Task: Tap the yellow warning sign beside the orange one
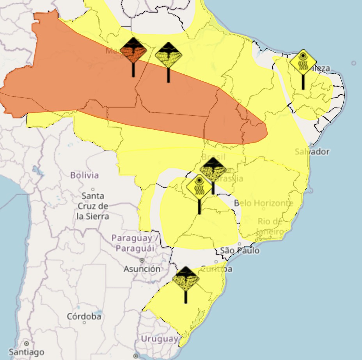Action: point(169,55)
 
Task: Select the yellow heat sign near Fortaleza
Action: point(303,62)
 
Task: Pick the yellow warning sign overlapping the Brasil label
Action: point(213,169)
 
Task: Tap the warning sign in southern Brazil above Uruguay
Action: point(186,279)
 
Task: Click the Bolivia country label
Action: point(85,175)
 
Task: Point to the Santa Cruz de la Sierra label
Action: point(92,206)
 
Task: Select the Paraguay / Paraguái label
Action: point(135,243)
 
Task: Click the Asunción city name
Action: point(142,269)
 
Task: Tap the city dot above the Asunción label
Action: point(142,260)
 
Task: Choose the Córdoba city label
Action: point(84,316)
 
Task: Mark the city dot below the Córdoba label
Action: point(84,323)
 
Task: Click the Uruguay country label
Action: point(159,339)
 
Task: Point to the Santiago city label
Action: point(27,352)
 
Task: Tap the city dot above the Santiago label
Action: point(27,344)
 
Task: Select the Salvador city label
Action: point(312,152)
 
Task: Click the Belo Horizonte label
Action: point(264,203)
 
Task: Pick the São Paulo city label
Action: point(240,251)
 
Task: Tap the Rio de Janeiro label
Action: point(270,226)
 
